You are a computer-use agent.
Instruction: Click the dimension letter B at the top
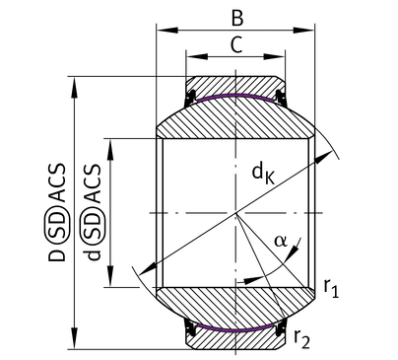tap(237, 19)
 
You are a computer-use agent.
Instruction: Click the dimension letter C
tap(236, 45)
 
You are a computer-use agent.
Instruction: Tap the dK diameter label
tap(263, 174)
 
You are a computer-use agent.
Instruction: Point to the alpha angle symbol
tap(281, 242)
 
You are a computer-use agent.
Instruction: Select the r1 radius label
tap(331, 288)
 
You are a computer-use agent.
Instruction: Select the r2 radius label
tap(301, 338)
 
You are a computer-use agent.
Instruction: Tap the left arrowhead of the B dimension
tap(167, 31)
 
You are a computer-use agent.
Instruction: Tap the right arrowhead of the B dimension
tap(303, 31)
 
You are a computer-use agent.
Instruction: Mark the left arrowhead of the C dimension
tap(197, 56)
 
